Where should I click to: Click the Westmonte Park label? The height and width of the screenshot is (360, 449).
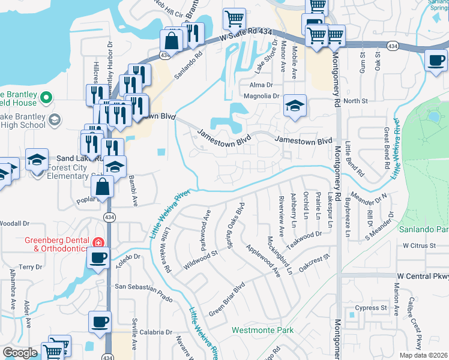point(262,330)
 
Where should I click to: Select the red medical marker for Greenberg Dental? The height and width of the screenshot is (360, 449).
point(97,243)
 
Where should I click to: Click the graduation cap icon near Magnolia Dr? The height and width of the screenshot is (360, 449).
point(295,106)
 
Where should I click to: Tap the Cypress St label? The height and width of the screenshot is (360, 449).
point(370,308)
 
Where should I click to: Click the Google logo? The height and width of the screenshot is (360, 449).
point(20,353)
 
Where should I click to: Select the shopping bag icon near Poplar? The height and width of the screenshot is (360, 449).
point(104,187)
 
